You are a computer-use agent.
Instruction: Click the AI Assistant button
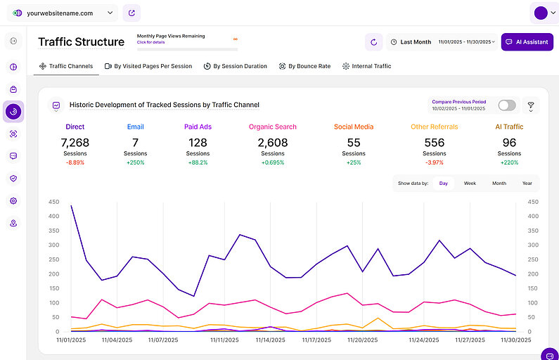pos(527,42)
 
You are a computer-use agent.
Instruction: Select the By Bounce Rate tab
pos(304,66)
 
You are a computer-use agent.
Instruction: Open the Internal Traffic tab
pos(366,66)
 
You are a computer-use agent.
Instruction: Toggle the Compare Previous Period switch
pos(506,105)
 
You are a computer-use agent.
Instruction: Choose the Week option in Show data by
pos(470,183)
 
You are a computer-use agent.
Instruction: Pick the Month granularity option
pos(499,183)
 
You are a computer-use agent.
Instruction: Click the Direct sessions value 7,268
pos(75,143)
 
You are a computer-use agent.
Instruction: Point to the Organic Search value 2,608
pos(272,143)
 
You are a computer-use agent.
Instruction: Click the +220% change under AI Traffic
pos(509,162)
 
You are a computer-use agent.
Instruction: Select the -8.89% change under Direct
pos(75,162)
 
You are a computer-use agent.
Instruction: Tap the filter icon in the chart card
pos(531,105)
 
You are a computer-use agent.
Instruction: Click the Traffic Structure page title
pos(81,42)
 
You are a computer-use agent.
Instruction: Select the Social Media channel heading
pos(353,127)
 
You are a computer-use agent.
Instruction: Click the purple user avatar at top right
pos(541,13)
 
